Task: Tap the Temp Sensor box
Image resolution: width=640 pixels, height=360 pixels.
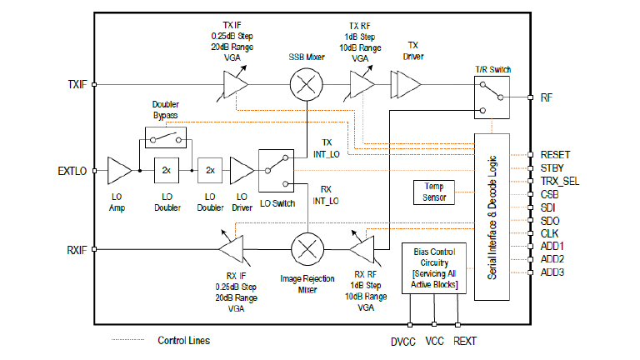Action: [x=434, y=192]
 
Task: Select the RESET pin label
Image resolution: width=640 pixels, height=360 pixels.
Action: [x=556, y=155]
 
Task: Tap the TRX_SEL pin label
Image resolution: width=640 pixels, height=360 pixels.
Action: [x=560, y=181]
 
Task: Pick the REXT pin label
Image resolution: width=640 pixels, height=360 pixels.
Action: [x=465, y=340]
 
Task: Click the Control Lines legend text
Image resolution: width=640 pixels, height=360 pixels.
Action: [x=184, y=340]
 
